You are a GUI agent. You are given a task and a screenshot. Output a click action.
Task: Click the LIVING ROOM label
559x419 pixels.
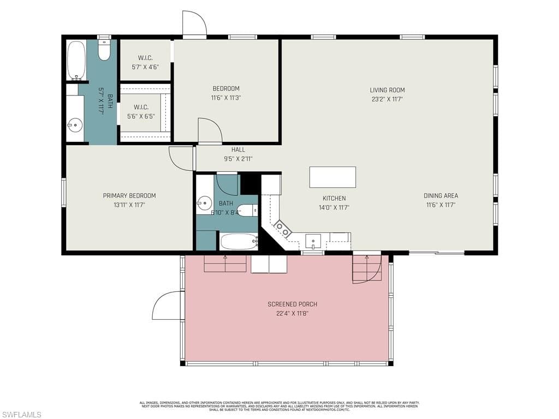(x=387, y=90)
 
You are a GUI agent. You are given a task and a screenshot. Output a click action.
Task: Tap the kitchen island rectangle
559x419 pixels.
(x=332, y=177)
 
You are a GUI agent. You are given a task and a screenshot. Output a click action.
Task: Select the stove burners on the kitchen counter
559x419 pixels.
(x=282, y=228)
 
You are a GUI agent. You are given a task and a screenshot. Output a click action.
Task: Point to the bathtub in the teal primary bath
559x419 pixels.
(x=76, y=60)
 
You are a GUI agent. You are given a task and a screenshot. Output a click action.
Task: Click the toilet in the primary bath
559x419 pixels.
(x=104, y=51)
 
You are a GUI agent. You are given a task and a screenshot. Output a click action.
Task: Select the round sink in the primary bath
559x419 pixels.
(x=75, y=125)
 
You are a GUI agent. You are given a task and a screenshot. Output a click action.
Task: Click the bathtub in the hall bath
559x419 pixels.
(x=239, y=241)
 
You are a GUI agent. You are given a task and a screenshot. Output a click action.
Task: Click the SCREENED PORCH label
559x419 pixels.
(x=292, y=304)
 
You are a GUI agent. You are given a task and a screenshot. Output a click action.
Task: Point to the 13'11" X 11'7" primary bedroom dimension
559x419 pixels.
(x=129, y=205)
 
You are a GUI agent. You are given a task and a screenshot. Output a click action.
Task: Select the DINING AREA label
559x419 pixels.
(x=441, y=196)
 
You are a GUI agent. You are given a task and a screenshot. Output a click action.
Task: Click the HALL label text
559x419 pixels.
(x=238, y=149)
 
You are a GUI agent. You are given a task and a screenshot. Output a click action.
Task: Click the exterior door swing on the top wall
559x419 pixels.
(x=194, y=24)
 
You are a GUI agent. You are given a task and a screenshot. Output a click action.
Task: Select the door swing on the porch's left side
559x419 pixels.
(x=167, y=306)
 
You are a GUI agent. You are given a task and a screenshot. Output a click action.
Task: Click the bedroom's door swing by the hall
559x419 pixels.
(x=209, y=130)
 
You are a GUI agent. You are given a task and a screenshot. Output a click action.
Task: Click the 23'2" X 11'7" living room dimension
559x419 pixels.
(x=387, y=99)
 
